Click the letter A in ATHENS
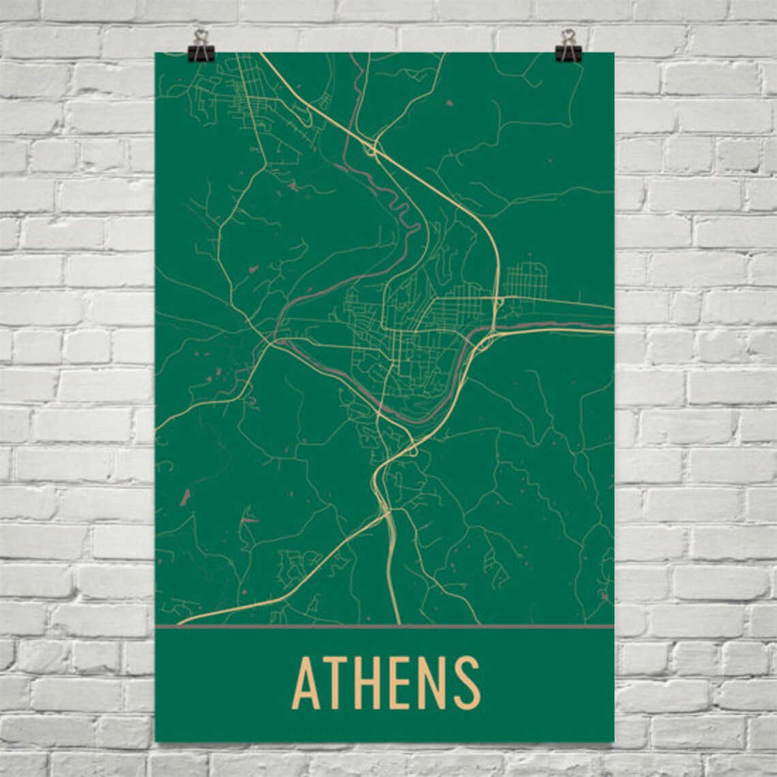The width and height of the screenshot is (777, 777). (x=307, y=683)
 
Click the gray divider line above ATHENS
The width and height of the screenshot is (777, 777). (x=385, y=626)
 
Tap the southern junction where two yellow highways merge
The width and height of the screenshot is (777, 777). (x=388, y=513)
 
